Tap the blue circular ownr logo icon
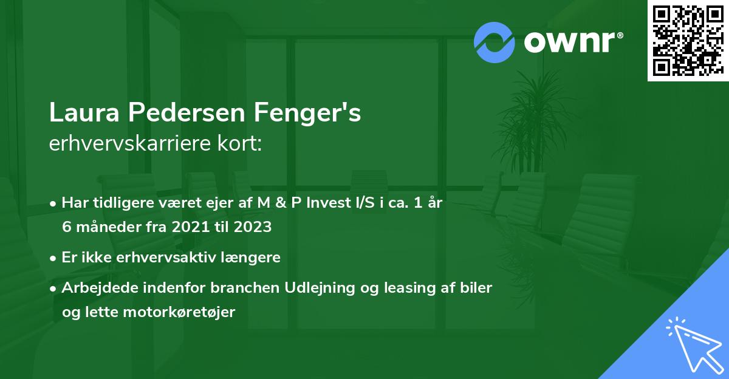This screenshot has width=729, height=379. (x=494, y=42)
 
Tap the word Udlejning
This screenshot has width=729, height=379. (x=321, y=287)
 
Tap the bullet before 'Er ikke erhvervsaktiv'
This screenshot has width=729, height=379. (x=54, y=258)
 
